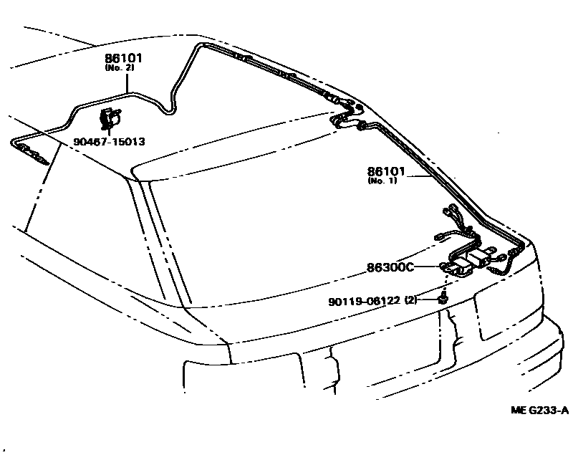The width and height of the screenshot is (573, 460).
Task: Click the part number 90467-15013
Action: click(x=108, y=142)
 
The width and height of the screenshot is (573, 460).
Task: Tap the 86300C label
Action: click(x=390, y=267)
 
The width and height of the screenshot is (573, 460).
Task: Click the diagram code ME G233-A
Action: click(x=539, y=411)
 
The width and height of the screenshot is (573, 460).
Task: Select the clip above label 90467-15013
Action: click(x=110, y=118)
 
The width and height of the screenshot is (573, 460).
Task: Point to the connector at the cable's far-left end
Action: click(x=32, y=151)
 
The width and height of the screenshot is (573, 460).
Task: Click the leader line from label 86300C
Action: click(x=428, y=267)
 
